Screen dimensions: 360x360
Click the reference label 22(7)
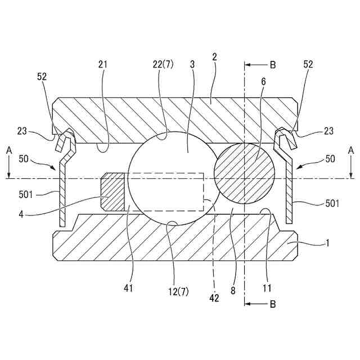163,65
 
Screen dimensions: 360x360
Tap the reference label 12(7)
178,292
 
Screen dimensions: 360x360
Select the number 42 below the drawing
214,298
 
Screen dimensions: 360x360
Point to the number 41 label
128,289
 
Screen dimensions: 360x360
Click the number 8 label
233,291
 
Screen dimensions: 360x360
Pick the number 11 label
267,289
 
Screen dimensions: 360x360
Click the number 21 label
103,65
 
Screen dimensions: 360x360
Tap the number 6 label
263,82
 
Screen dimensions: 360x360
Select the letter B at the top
273,65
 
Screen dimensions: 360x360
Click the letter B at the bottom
273,304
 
